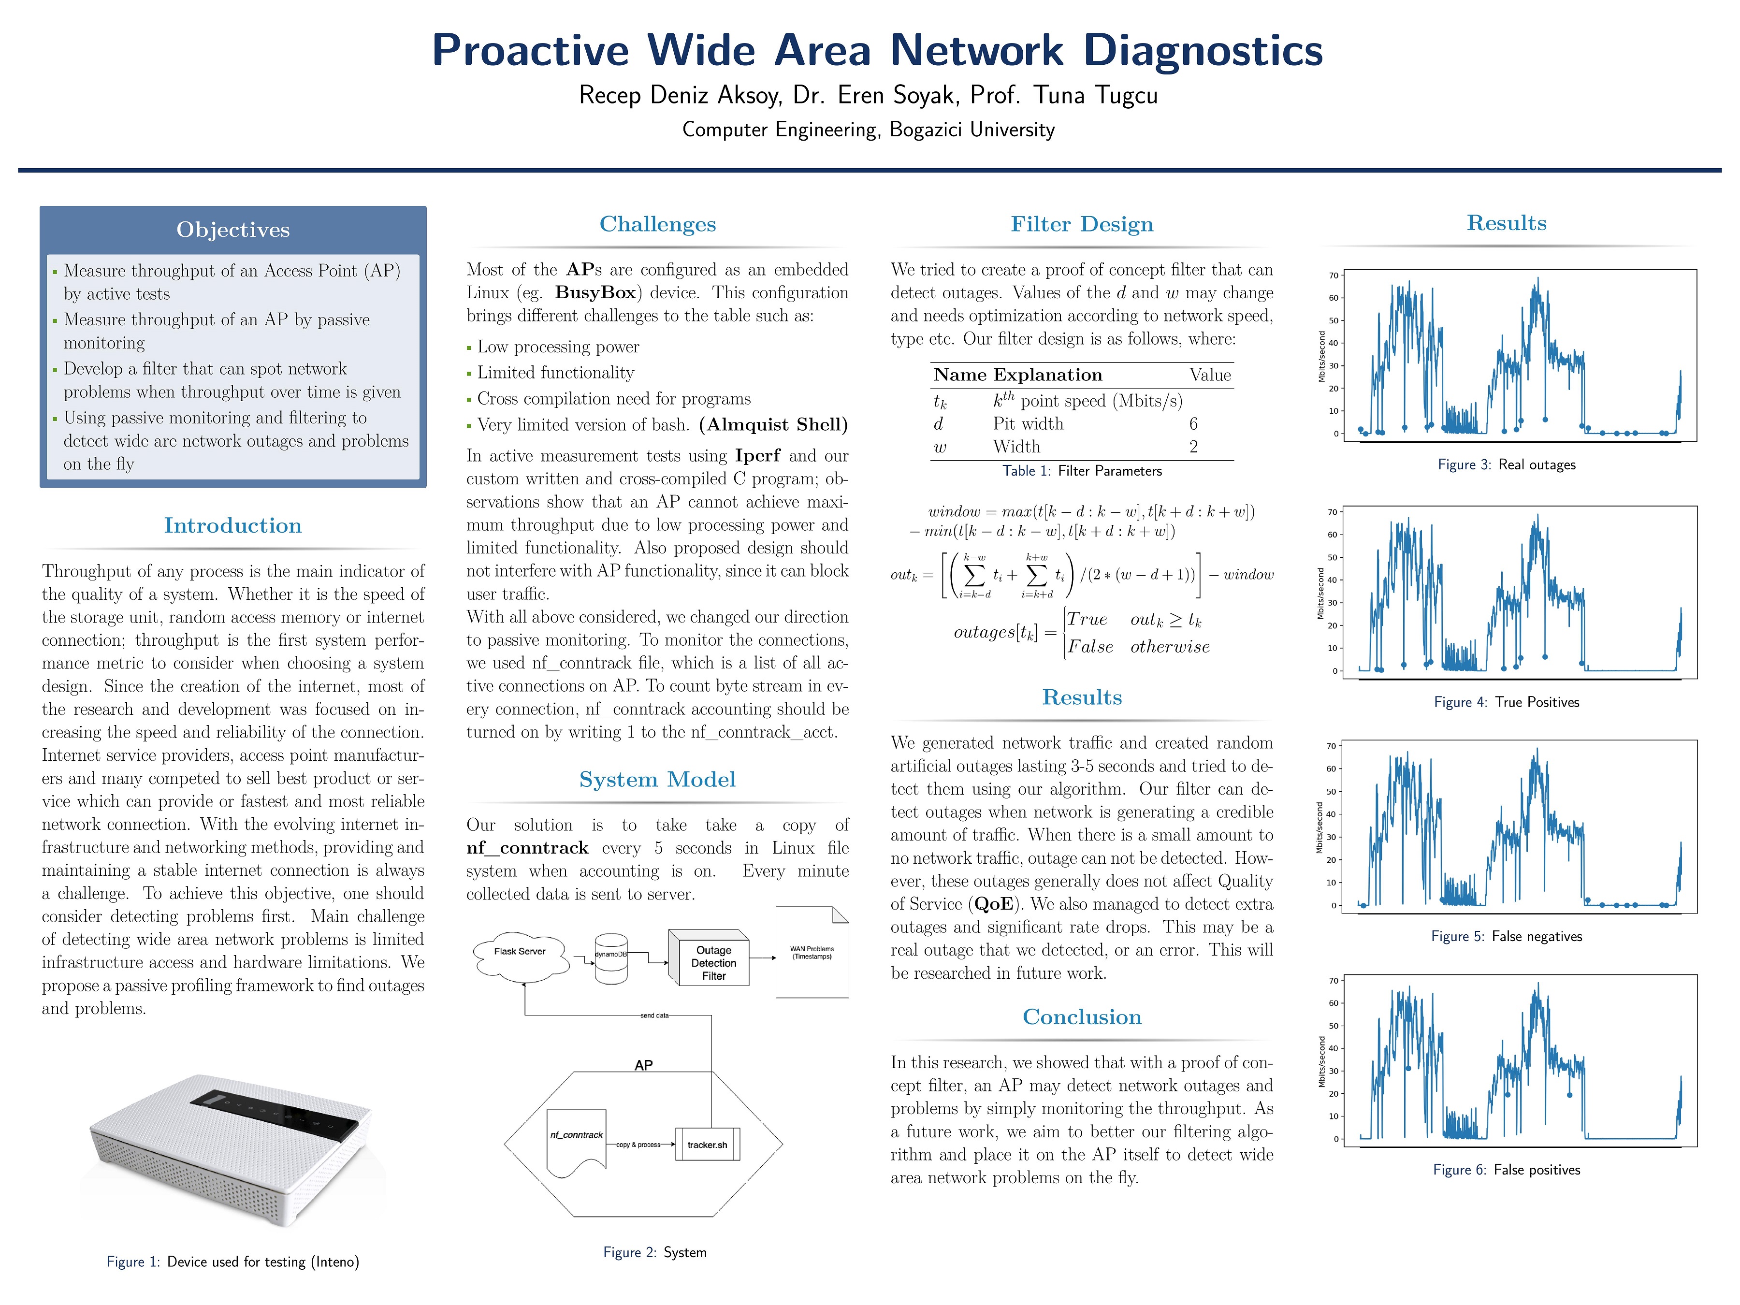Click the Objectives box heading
tap(233, 230)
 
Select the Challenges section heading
tap(658, 224)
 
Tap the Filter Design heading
tap(1082, 224)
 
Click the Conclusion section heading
tap(1082, 1017)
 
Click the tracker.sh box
tap(707, 1145)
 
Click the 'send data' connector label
tap(654, 1015)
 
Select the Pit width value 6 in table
tap(1193, 424)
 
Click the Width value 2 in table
tap(1193, 447)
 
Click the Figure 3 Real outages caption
tap(1507, 465)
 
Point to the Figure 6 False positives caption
tap(1507, 1170)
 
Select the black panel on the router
tap(279, 1111)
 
